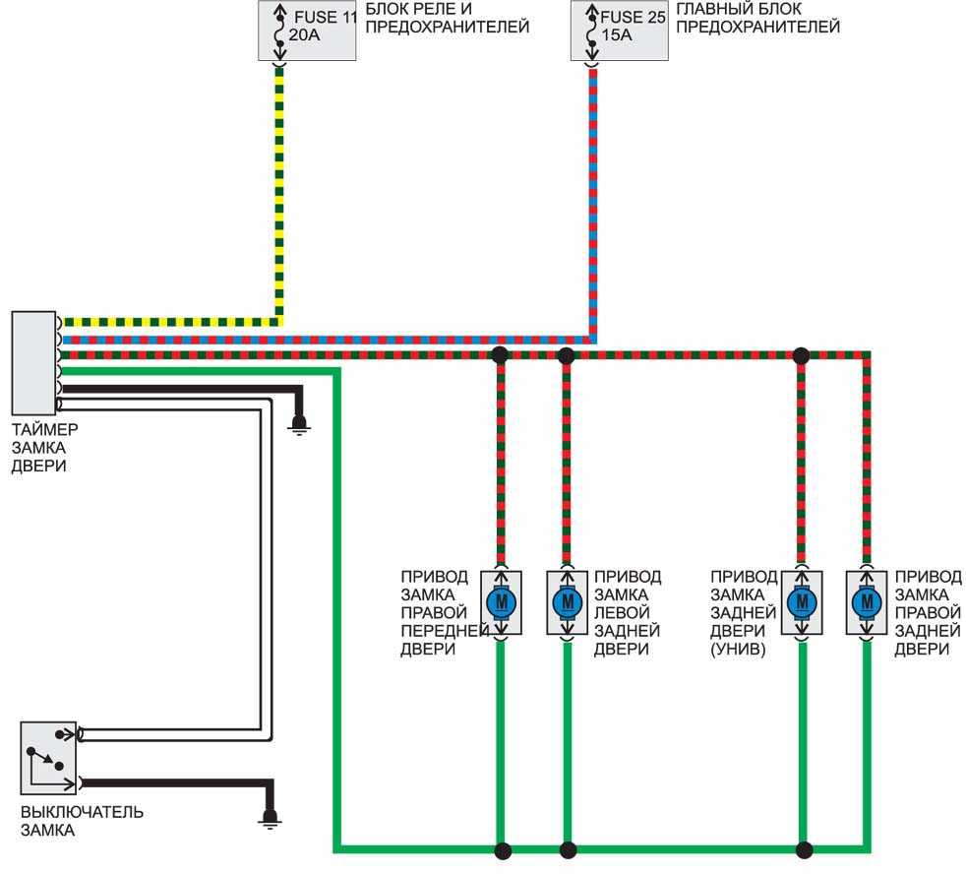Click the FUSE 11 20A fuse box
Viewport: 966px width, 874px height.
[x=307, y=31]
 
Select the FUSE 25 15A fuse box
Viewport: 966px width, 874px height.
[x=619, y=31]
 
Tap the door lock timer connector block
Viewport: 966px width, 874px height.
[x=33, y=363]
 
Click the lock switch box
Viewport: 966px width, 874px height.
[x=48, y=758]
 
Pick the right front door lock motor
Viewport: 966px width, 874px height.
[x=502, y=602]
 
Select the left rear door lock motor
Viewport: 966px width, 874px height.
[x=568, y=602]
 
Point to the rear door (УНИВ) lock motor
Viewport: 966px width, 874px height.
[x=802, y=602]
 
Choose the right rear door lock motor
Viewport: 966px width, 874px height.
[x=867, y=602]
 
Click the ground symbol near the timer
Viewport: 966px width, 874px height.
[x=299, y=424]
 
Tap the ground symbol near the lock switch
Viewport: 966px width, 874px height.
[x=270, y=818]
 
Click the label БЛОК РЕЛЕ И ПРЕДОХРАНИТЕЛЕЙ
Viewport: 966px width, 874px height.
[x=448, y=18]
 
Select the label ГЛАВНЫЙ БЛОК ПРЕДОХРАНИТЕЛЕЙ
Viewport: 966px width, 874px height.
[x=757, y=18]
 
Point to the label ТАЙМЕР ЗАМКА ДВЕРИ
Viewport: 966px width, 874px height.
[x=45, y=448]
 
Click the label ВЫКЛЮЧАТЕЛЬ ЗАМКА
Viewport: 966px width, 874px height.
[x=82, y=821]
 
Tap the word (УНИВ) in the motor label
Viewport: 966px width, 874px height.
[x=738, y=649]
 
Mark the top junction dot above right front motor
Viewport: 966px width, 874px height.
[x=501, y=355]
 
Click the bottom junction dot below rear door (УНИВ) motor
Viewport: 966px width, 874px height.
[x=804, y=850]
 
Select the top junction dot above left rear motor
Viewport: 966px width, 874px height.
[x=567, y=355]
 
